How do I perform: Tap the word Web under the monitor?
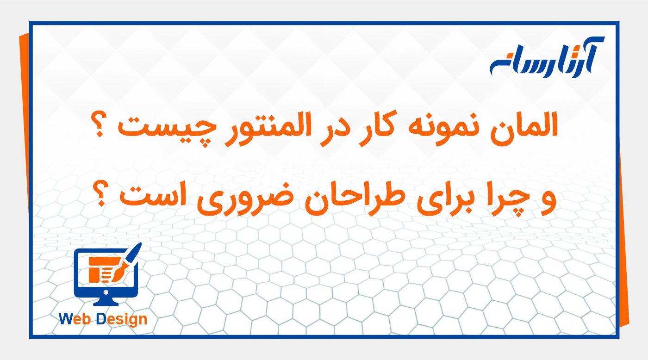[x=76, y=319]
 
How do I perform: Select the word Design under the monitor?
[x=121, y=319]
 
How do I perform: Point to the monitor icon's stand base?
[x=106, y=303]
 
